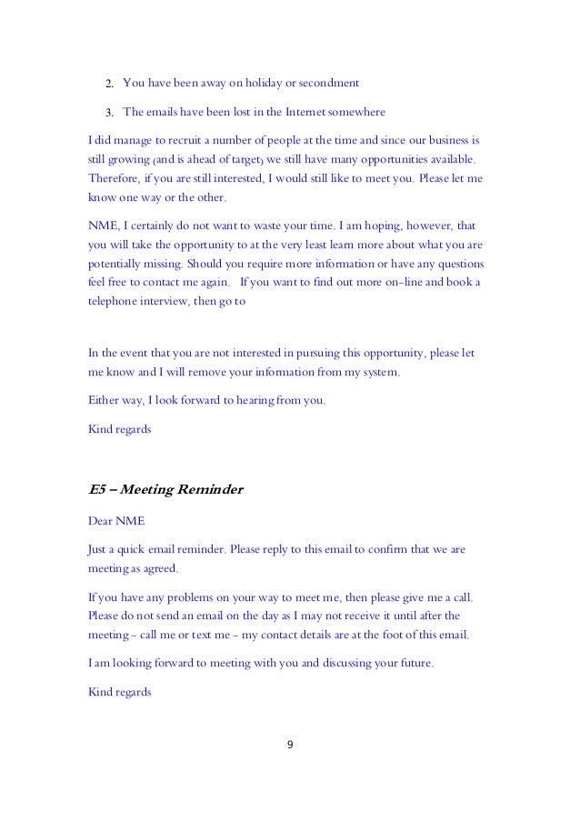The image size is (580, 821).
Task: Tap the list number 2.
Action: click(x=106, y=85)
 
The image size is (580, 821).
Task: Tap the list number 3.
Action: click(x=106, y=114)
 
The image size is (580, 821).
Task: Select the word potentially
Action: click(x=115, y=264)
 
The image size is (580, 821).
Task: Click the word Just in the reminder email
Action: click(x=99, y=550)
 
